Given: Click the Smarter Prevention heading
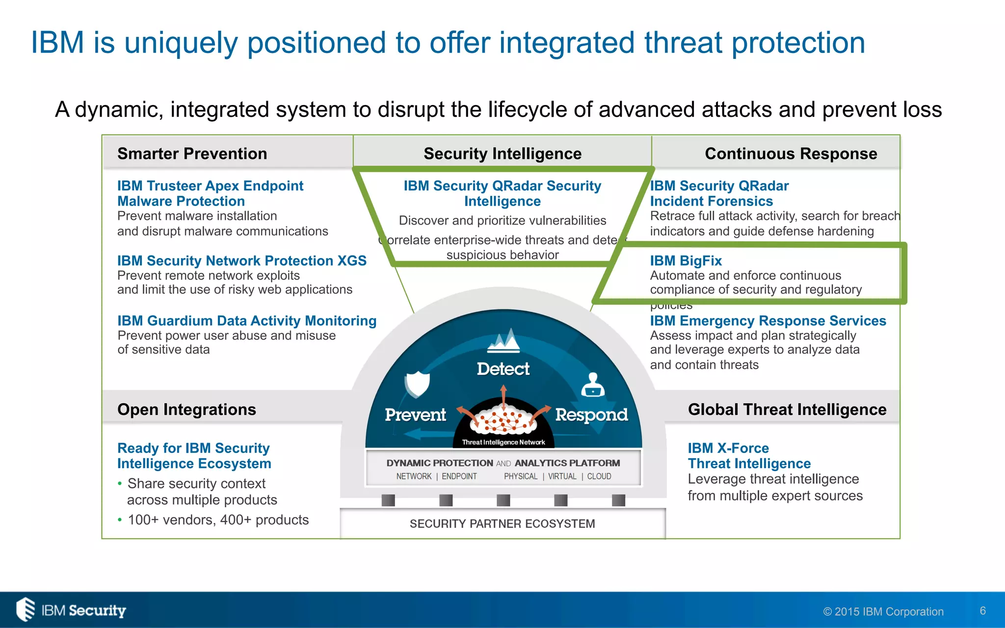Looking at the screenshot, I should (x=192, y=154).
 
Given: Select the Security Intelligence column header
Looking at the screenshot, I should (x=502, y=154).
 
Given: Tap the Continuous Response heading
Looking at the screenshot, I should (x=791, y=154).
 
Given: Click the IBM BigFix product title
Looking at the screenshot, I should (x=686, y=261).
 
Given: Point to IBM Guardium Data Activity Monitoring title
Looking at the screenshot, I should (x=246, y=320).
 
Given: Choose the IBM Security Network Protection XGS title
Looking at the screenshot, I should (x=241, y=261).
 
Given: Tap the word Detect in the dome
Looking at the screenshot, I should (x=503, y=369).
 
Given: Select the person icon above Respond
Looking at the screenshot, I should (x=593, y=385).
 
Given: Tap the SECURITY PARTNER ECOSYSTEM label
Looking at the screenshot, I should (x=502, y=523).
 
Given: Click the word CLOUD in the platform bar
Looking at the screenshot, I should (x=599, y=476).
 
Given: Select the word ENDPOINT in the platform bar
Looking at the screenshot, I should (x=459, y=476).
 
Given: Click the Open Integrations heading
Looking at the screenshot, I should (x=186, y=409).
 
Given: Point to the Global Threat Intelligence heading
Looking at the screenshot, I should (x=787, y=409).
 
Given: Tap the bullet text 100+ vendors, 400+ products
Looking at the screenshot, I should (x=218, y=520).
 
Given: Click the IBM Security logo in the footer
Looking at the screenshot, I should (x=72, y=610).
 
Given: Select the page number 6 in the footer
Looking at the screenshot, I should (x=982, y=611).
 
